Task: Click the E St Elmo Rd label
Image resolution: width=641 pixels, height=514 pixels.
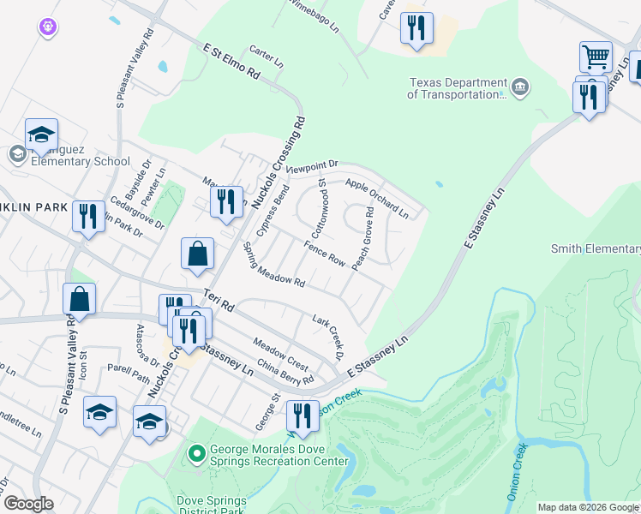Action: (231, 62)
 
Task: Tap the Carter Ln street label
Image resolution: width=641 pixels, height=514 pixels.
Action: (266, 57)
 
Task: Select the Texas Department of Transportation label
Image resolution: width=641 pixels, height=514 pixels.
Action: (457, 88)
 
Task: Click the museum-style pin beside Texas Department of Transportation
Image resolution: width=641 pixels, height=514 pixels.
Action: (520, 87)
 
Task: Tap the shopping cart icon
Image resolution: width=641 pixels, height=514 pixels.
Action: (596, 57)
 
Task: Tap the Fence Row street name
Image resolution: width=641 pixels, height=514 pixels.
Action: (324, 254)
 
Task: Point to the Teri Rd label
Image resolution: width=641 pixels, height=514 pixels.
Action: (219, 299)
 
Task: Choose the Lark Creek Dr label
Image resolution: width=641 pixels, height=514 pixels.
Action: (327, 337)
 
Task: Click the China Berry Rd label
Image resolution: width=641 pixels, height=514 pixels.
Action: (285, 373)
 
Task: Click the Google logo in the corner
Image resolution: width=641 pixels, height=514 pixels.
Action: (28, 504)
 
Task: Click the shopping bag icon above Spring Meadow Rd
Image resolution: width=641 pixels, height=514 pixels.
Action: (197, 254)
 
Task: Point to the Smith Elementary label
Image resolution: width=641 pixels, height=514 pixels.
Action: (595, 249)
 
